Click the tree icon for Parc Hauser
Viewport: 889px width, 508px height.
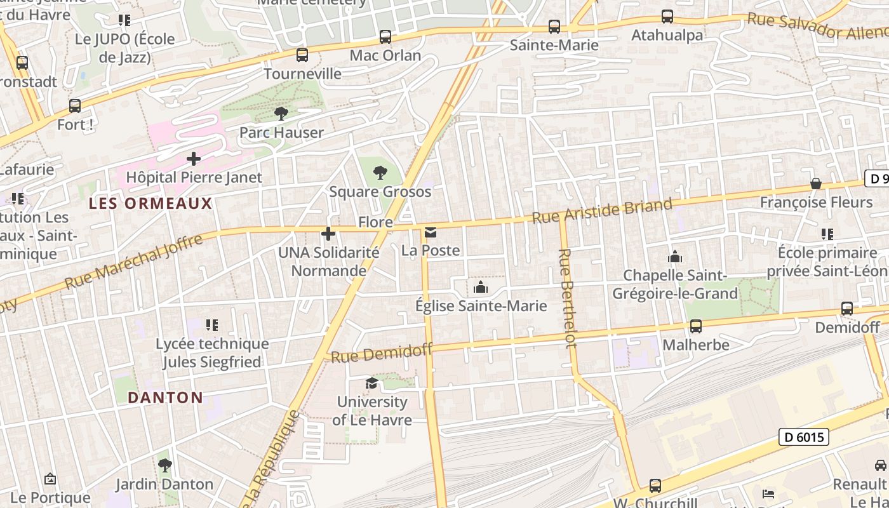point(281,114)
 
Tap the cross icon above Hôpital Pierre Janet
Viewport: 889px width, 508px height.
point(194,158)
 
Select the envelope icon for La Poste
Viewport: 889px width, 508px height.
point(431,232)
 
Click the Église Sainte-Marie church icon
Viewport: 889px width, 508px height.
point(481,288)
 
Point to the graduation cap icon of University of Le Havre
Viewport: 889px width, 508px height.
point(371,383)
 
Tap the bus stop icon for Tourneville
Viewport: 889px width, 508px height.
point(302,55)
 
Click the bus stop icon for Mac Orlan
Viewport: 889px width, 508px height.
point(385,37)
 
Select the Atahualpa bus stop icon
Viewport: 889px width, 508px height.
point(667,17)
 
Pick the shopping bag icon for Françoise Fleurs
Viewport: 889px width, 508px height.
point(816,184)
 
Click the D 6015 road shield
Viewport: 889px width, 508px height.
point(803,437)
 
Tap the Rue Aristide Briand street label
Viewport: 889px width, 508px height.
point(601,211)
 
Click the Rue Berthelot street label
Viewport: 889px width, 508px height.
point(567,298)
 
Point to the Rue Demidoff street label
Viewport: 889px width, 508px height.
point(382,353)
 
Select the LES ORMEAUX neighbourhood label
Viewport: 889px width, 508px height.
point(150,204)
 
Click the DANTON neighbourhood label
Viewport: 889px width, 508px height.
point(165,398)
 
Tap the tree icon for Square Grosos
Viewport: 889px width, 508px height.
point(380,172)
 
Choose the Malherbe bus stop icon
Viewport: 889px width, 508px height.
point(696,326)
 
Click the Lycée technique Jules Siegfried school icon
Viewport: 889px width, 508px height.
point(212,325)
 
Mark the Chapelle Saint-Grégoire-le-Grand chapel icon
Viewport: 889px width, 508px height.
point(674,257)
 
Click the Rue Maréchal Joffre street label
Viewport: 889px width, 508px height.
point(134,262)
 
